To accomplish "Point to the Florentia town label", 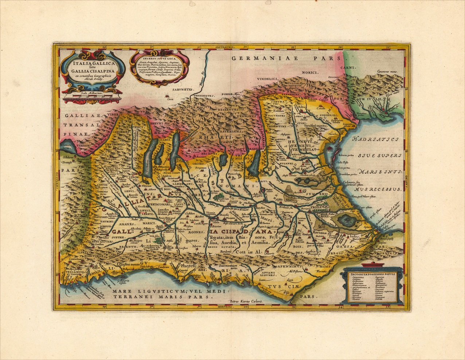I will coord(322,271).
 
